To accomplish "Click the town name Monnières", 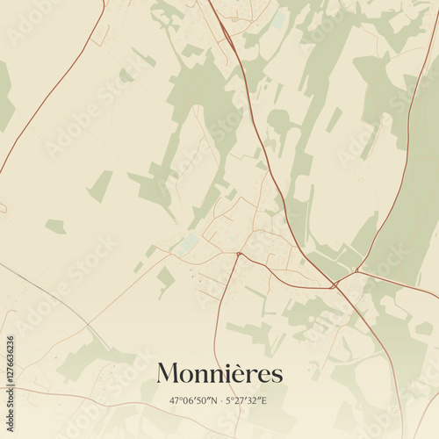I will pos(219,374).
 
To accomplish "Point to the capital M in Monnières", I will pos(167,374).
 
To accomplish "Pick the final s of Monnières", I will pos(277,376).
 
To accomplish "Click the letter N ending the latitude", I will pos(213,401).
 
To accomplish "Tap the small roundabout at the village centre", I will pos(238,254).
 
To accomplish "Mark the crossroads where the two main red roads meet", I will pos(335,284).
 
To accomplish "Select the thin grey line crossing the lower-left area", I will pos(53,299).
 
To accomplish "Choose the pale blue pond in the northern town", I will pos(278,18).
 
